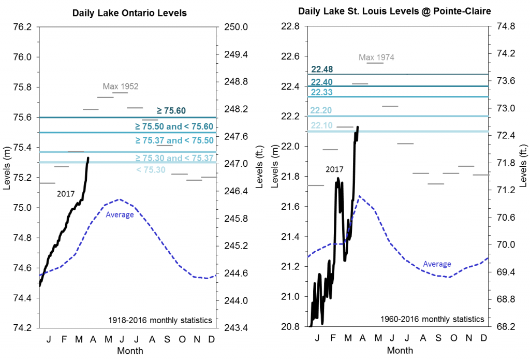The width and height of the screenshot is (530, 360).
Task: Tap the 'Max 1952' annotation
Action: point(121,86)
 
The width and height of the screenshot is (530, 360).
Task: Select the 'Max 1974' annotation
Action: point(376,57)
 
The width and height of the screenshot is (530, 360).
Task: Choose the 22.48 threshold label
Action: point(322,69)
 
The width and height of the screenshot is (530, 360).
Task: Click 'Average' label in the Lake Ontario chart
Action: point(120,214)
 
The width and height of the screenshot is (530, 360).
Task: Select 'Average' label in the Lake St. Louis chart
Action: point(437,264)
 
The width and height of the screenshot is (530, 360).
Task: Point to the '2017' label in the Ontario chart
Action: point(66,194)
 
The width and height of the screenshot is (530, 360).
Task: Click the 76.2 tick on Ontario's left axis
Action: point(23,27)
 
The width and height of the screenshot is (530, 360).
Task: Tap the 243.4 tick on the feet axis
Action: point(235,328)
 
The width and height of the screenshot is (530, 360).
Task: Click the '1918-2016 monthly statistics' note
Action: point(160,320)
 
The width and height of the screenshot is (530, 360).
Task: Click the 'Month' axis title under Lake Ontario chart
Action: point(130,351)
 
